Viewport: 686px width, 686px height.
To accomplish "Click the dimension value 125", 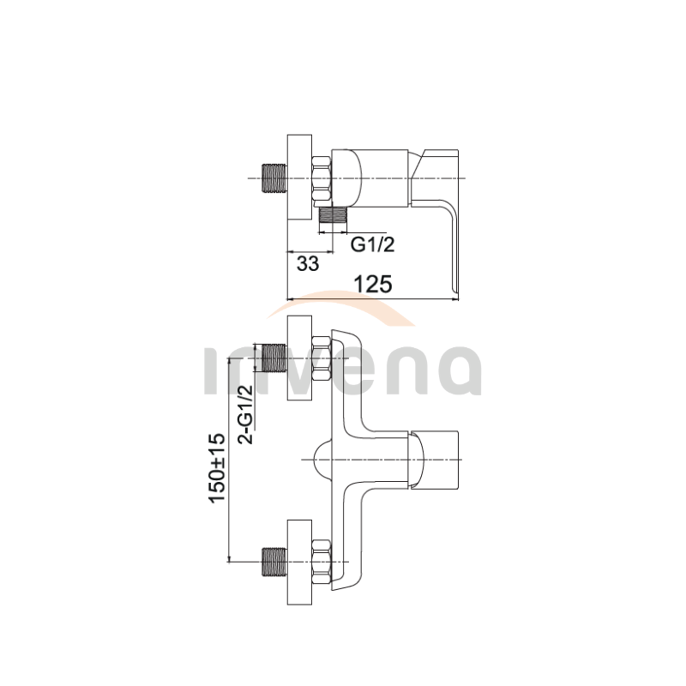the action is [x=373, y=284].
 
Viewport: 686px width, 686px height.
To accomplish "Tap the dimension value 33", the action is [x=308, y=264].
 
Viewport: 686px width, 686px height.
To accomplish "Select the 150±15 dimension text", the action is [x=218, y=467].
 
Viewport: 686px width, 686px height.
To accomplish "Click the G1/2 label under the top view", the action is [x=372, y=244].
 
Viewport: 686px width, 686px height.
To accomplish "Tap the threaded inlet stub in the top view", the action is [x=274, y=178].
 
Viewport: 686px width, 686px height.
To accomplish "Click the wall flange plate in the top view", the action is [x=299, y=178].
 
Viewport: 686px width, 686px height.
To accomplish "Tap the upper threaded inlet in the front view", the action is [x=274, y=358].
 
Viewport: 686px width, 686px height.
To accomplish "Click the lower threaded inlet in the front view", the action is [x=274, y=562].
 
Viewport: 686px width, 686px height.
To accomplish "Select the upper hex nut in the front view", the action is [x=322, y=358].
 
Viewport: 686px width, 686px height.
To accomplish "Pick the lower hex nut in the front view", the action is [x=322, y=562].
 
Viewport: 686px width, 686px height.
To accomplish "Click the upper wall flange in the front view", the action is [x=299, y=358].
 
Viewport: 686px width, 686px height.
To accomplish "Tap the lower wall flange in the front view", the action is [x=299, y=563].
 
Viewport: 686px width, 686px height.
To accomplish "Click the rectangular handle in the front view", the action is [x=434, y=460].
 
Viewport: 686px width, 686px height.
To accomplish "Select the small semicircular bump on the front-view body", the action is [x=323, y=460].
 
